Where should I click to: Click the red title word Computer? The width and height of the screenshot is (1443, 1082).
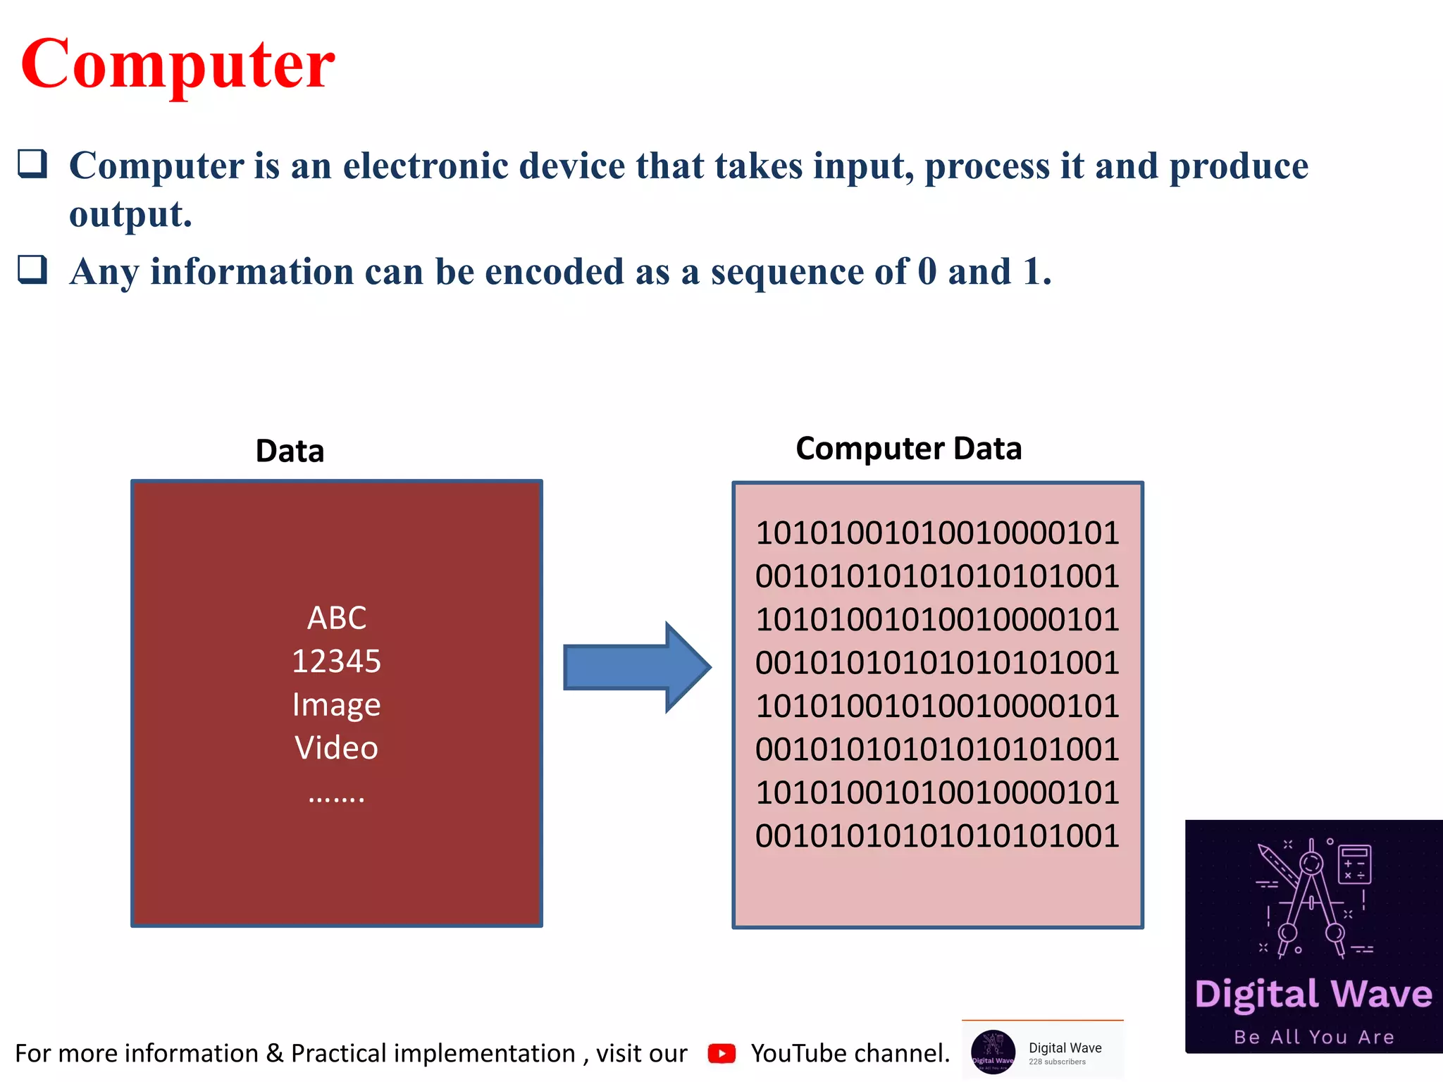click(x=178, y=65)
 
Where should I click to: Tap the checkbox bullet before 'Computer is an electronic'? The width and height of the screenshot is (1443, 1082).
click(x=32, y=163)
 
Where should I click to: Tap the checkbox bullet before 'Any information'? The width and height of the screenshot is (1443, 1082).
click(x=32, y=270)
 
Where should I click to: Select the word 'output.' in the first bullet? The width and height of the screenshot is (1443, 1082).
click(x=130, y=214)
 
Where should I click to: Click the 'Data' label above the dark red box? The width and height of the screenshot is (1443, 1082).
click(x=290, y=451)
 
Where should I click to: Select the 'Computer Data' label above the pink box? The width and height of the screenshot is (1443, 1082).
click(x=908, y=449)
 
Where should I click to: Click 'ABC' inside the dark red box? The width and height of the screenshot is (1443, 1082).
click(x=337, y=618)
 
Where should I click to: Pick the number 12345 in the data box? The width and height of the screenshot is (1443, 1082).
click(x=336, y=661)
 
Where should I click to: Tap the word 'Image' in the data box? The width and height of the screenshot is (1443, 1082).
click(x=336, y=705)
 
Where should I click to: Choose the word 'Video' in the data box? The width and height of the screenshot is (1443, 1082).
click(x=336, y=748)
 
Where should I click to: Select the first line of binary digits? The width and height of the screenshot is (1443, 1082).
click(x=937, y=533)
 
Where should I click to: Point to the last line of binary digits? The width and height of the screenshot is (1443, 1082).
click(x=937, y=836)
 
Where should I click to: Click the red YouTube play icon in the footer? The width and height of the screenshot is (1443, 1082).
click(x=721, y=1053)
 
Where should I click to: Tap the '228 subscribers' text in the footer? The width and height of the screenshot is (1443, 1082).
click(x=1057, y=1062)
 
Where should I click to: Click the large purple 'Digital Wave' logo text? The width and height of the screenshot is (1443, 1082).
click(x=1313, y=994)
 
